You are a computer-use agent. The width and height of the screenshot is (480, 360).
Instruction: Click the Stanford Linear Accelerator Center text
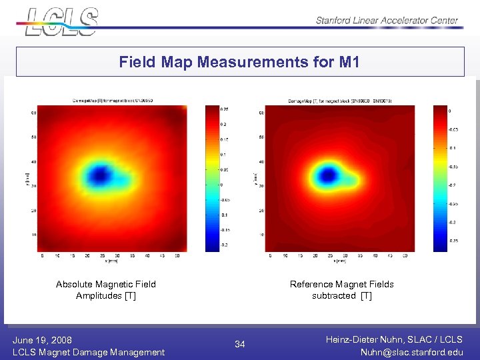387,20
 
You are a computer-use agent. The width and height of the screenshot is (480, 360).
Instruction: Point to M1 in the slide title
349,63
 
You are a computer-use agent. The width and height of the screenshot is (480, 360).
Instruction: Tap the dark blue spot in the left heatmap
100,175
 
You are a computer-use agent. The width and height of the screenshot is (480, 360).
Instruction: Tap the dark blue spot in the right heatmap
327,176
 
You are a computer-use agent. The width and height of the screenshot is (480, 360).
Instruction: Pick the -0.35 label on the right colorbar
453,241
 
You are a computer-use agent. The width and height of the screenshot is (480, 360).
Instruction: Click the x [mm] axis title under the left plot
110,261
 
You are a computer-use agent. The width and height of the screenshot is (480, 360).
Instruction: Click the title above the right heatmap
340,101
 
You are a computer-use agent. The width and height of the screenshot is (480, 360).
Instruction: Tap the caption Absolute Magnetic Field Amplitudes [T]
106,290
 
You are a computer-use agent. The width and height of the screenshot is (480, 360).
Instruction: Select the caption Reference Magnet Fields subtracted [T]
341,290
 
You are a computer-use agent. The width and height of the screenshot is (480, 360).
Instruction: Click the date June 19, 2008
43,340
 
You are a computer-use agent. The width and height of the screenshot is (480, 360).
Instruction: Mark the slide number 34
240,345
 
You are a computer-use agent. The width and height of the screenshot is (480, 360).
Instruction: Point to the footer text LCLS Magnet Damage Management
89,352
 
